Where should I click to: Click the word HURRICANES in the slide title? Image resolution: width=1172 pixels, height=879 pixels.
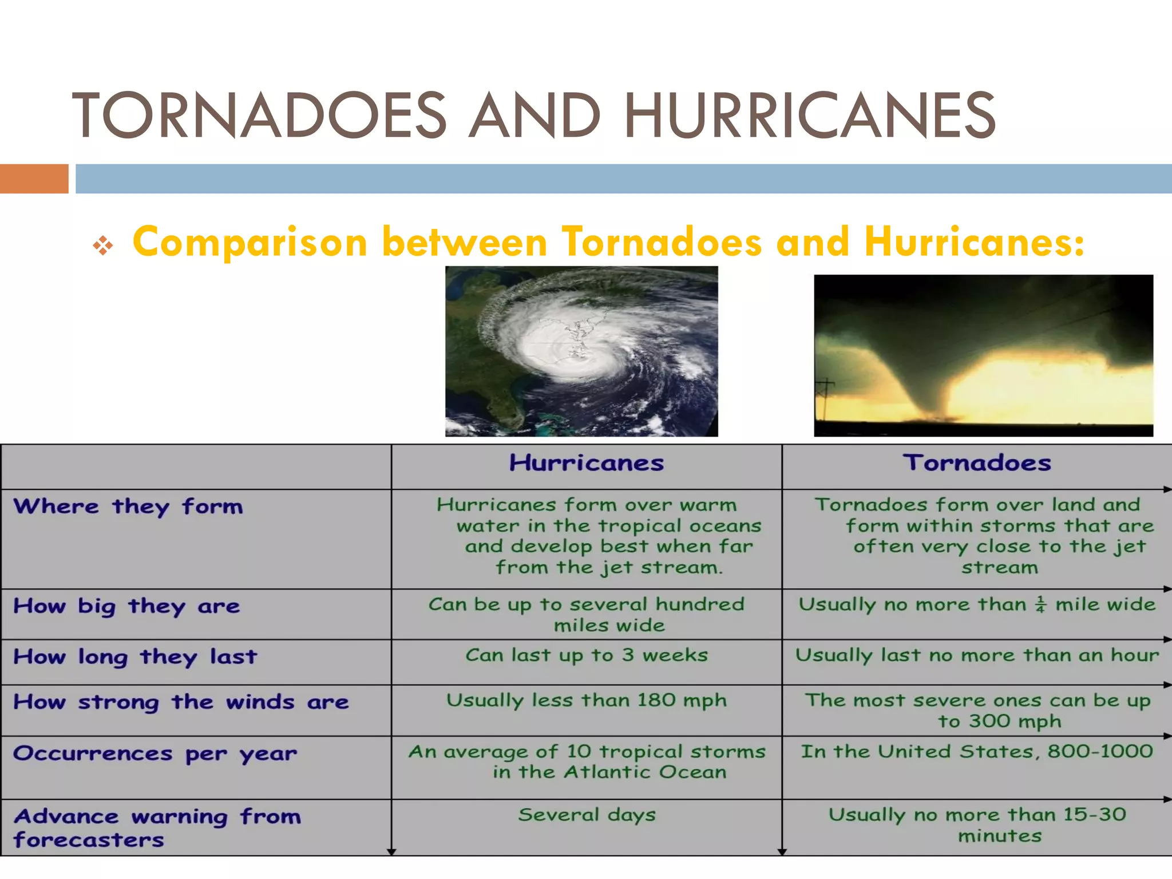pos(810,116)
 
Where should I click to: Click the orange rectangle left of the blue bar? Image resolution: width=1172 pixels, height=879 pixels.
pos(34,179)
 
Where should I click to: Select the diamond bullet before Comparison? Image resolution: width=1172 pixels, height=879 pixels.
pos(103,246)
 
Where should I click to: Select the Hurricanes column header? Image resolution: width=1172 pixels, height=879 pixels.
pos(587,463)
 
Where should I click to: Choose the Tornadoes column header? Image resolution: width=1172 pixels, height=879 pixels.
pos(977,463)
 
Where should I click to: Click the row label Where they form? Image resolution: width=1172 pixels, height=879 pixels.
pos(128,506)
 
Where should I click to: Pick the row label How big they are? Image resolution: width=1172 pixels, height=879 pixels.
pos(126,606)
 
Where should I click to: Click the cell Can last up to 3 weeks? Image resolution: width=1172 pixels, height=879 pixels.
pos(587,655)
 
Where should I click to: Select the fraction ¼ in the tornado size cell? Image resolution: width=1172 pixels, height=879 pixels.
pos(1040,604)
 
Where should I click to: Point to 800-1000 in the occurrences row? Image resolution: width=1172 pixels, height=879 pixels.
pos(1099,751)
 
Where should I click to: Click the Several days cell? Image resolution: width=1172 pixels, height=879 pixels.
pos(587,815)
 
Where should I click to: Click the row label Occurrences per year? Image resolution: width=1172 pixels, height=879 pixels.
pos(155,754)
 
